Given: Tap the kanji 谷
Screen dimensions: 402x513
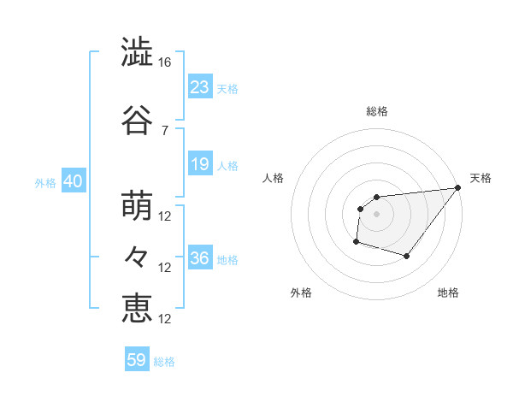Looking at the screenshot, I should (138, 120).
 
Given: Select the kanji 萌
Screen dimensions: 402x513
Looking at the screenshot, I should (138, 206).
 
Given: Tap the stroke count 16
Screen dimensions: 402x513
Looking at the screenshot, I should (166, 62).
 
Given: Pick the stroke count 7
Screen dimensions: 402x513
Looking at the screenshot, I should (164, 130).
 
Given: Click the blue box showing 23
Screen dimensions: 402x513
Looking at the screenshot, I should (199, 86).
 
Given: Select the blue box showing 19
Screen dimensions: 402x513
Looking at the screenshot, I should (199, 164).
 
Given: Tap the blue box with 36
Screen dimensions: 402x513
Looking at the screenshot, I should (199, 258).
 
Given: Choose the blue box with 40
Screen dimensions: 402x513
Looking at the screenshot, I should (72, 181).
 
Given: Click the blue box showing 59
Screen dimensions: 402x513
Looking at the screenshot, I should (136, 360).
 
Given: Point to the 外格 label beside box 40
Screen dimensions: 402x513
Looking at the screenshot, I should (45, 182).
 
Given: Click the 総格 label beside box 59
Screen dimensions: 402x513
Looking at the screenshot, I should (164, 362).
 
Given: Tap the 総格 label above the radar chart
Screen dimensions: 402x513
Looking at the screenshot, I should (376, 111).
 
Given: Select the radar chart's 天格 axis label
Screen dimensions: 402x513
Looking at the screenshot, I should (481, 178).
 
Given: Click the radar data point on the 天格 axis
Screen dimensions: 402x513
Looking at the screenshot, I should (458, 188).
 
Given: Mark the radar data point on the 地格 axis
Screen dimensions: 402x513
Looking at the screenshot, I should (407, 256).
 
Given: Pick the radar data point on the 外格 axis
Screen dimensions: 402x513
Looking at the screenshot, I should (356, 242).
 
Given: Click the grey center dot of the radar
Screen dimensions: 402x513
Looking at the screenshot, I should (376, 214).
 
